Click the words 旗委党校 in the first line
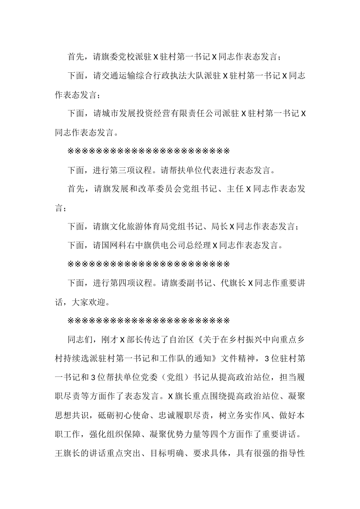click(119, 57)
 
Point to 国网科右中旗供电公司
click(144, 245)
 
